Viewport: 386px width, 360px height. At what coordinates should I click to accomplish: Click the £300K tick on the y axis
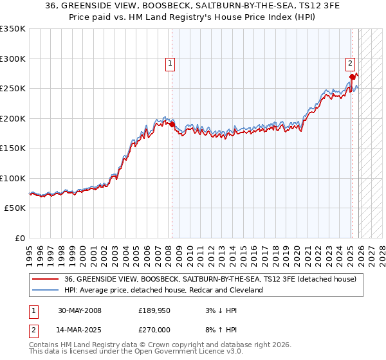pos(13,59)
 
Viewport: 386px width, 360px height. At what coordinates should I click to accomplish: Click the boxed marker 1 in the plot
pos(170,63)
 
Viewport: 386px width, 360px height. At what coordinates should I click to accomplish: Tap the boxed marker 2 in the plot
pos(350,63)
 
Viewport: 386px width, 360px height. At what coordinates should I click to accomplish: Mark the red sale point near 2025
pos(352,76)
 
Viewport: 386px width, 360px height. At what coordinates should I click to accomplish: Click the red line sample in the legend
pos(46,280)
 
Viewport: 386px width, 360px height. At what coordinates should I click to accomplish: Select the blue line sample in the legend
pos(46,290)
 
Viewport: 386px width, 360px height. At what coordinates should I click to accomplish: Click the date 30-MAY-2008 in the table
pos(79,310)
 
